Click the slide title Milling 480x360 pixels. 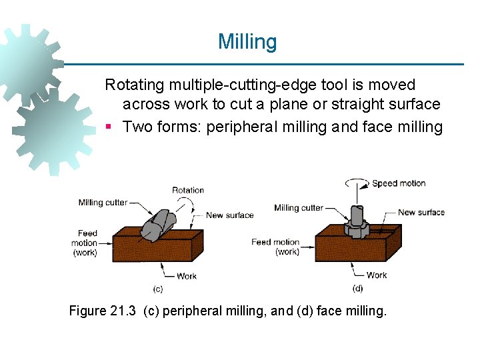click(247, 42)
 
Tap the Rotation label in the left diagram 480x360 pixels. click(188, 190)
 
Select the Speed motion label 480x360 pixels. click(399, 183)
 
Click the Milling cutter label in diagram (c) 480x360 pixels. click(103, 203)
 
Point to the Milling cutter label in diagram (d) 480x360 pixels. click(298, 208)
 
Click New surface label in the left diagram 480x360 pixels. click(229, 215)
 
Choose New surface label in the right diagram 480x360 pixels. click(421, 213)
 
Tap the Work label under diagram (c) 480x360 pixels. click(187, 275)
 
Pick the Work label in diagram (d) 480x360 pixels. click(377, 275)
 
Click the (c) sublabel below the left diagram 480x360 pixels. click(158, 289)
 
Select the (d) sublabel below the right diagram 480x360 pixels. click(357, 289)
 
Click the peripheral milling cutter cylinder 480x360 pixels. click(161, 223)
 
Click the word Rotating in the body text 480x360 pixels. click(135, 85)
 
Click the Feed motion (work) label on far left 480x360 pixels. click(85, 243)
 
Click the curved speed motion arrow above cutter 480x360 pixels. click(356, 182)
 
